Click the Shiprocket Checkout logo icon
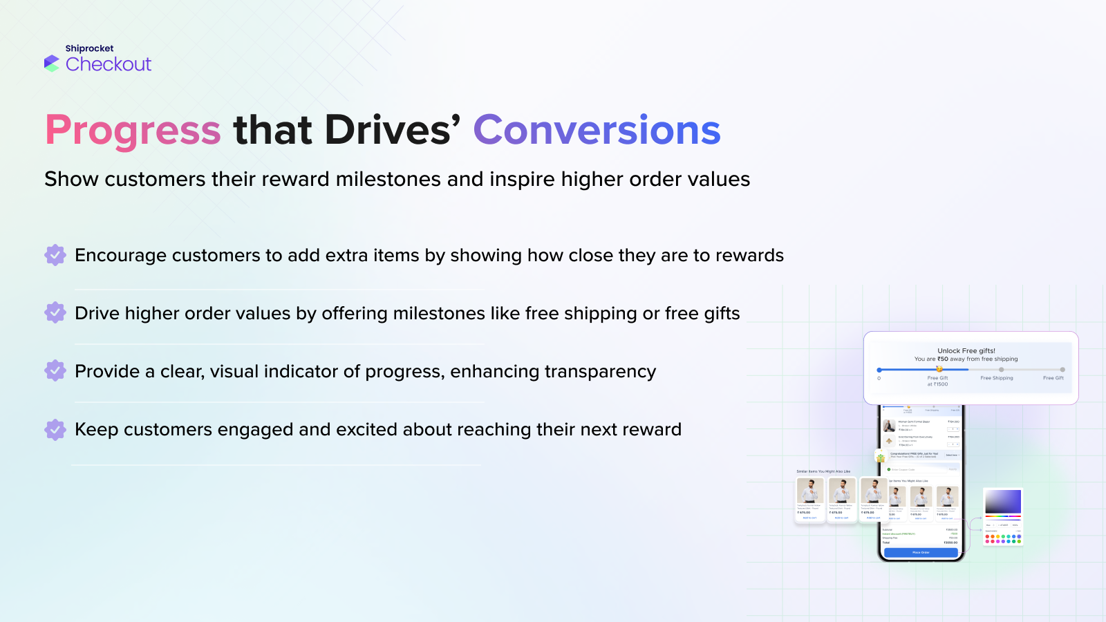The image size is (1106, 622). click(52, 63)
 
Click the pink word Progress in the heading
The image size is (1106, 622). click(133, 130)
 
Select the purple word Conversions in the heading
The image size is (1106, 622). click(597, 130)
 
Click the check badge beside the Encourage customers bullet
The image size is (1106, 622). click(55, 255)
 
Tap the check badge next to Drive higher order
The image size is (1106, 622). click(55, 313)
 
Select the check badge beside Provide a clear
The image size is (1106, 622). click(55, 371)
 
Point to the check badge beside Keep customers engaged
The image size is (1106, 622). click(55, 429)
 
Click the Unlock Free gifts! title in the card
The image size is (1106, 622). click(966, 350)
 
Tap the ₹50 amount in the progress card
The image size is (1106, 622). click(943, 359)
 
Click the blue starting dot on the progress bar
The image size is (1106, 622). click(879, 370)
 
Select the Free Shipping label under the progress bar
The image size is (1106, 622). click(996, 378)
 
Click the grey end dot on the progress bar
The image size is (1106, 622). click(1062, 370)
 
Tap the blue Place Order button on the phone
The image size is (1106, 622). click(921, 552)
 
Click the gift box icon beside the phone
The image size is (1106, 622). click(881, 458)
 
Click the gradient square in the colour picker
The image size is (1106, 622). click(1002, 501)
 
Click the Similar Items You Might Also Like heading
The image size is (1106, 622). click(823, 471)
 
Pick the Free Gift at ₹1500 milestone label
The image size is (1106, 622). click(937, 381)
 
